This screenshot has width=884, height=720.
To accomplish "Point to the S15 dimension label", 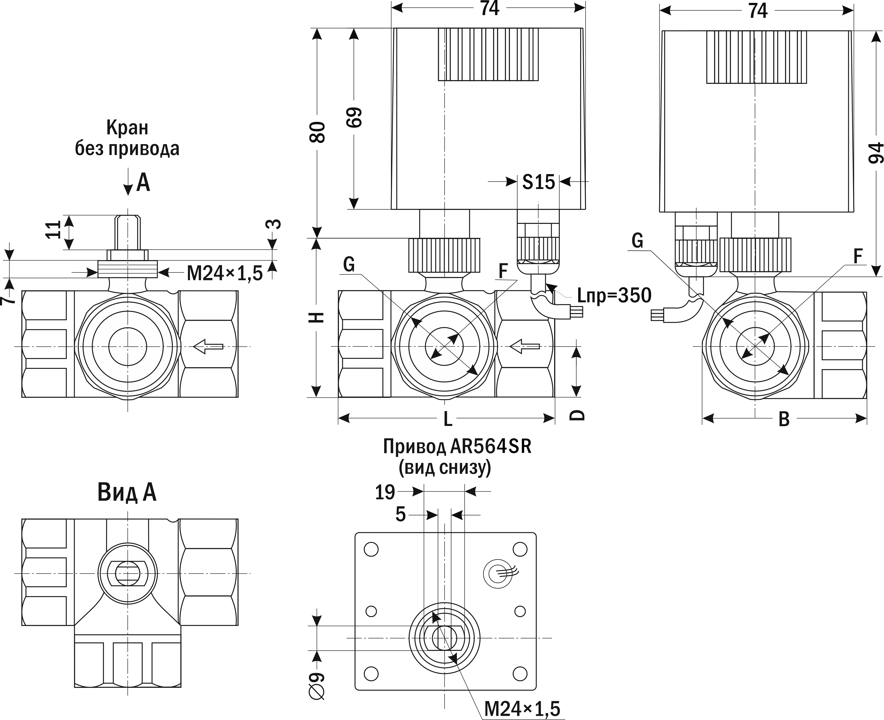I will click(538, 182).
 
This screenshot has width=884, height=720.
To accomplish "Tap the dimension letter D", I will click(576, 415).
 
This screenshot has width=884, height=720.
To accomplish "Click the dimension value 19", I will click(385, 492).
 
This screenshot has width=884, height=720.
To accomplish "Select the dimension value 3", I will click(274, 224).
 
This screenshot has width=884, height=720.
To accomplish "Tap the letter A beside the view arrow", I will click(143, 182).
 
